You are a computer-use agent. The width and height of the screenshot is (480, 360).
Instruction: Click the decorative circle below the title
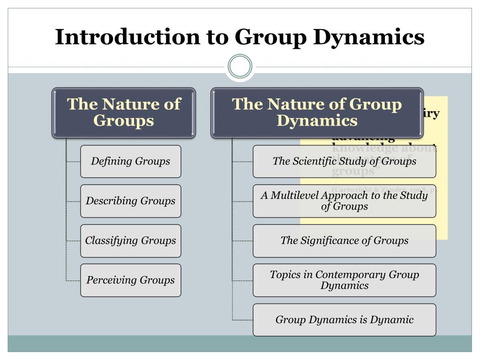point(240,66)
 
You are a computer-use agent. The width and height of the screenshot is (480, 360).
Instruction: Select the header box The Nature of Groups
point(123,112)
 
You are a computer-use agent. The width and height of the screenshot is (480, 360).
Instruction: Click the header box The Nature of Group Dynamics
point(317,112)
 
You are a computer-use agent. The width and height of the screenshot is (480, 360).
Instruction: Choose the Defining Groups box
point(130,161)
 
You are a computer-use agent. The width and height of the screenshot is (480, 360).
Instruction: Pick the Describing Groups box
point(130,201)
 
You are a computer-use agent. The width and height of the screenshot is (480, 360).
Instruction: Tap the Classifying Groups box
point(130,241)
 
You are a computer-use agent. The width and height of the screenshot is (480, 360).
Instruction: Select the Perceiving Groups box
point(130,280)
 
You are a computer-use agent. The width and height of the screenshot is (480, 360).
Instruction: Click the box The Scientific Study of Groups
point(344,161)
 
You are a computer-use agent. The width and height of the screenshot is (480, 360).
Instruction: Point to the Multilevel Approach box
point(344,201)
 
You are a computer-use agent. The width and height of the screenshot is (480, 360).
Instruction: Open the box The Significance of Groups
point(344,241)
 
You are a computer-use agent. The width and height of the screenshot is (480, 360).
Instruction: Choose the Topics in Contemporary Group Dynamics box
point(344,280)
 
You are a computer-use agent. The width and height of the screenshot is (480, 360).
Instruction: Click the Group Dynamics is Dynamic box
point(344,320)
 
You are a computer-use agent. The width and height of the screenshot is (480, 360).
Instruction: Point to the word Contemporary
point(345,275)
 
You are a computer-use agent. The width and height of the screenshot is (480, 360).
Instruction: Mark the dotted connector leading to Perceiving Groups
point(73,280)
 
